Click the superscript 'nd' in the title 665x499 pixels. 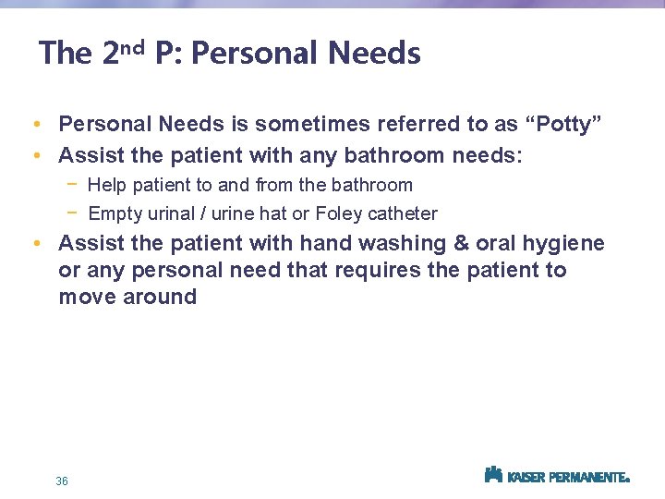pos(132,47)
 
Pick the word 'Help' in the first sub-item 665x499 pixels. pos(106,185)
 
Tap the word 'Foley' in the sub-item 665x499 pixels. pos(339,213)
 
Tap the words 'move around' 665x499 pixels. pos(127,297)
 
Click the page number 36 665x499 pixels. pos(62,481)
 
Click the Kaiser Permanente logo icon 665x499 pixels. pos(493,475)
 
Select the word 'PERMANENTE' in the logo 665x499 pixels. pos(589,478)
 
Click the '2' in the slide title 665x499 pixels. pos(109,54)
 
